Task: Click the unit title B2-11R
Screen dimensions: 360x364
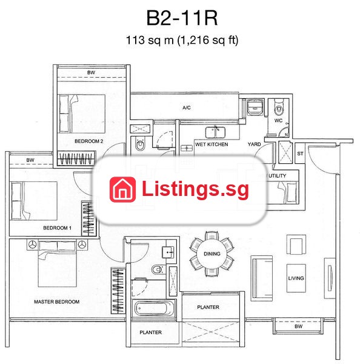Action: tap(182, 18)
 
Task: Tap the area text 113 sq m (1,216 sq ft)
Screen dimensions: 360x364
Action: tap(182, 40)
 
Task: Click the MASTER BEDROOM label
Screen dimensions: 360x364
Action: tap(57, 302)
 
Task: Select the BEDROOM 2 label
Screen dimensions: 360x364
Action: tap(89, 141)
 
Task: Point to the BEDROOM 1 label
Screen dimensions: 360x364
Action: tap(58, 228)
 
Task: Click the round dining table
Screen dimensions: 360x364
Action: tap(212, 254)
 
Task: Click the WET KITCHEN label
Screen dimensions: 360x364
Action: tap(212, 144)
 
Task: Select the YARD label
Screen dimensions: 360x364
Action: tap(254, 144)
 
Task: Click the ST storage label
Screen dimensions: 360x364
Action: tap(300, 153)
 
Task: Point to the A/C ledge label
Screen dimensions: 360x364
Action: tap(187, 108)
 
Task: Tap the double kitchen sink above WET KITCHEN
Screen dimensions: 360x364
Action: tap(215, 132)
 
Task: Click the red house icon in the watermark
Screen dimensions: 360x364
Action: tap(122, 189)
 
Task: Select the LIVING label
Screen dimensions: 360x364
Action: tap(296, 278)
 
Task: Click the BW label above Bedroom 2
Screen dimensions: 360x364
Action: tap(91, 73)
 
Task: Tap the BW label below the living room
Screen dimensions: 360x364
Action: tap(299, 326)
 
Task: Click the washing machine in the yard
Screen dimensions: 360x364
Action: tap(255, 107)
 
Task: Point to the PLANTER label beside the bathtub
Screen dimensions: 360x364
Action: tap(150, 332)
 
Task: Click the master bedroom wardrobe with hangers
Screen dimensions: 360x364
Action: tap(118, 291)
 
